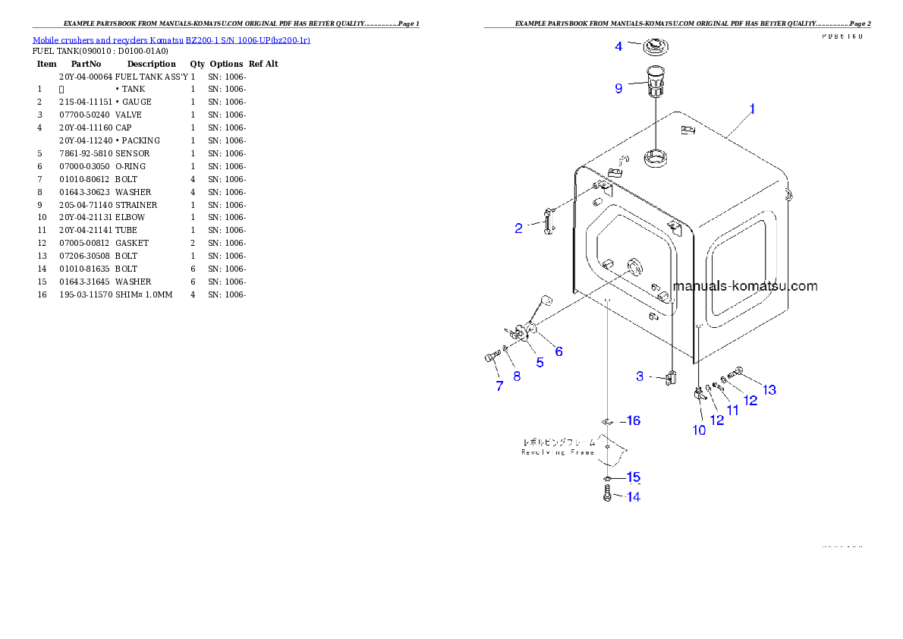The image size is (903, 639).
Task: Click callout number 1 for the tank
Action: [752, 109]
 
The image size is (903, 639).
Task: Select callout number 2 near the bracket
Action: [518, 228]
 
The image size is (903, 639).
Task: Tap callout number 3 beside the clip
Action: [640, 376]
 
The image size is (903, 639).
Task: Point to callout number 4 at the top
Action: [618, 47]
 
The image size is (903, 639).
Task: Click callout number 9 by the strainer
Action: [618, 89]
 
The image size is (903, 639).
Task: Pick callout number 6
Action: [558, 351]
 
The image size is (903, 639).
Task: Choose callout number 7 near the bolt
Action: [499, 386]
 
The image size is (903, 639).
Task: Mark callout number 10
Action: [699, 430]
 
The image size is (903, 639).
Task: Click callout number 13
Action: [769, 390]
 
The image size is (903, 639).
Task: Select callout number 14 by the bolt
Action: [633, 498]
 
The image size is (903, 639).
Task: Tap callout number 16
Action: [633, 421]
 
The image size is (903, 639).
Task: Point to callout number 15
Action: [633, 478]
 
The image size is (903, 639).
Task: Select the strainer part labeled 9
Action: [655, 80]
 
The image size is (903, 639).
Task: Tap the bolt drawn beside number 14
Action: [607, 496]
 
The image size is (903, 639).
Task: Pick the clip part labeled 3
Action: [671, 377]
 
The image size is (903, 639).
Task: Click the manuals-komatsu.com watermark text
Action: [745, 286]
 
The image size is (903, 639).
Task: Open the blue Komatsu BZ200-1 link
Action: [171, 39]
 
